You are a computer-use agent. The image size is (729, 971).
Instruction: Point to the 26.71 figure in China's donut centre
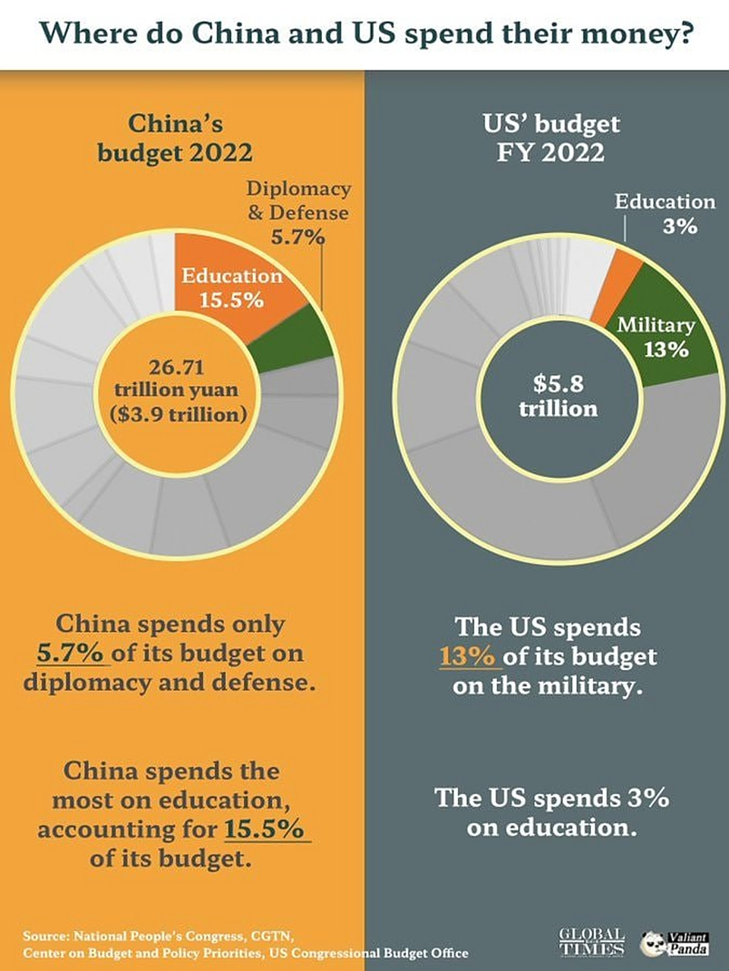pyautogui.click(x=176, y=367)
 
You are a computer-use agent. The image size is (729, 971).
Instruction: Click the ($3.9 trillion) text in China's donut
pyautogui.click(x=178, y=415)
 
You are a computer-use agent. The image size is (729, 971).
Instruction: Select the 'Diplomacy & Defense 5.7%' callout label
pyautogui.click(x=298, y=212)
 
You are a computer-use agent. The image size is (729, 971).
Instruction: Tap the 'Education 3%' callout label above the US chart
pyautogui.click(x=665, y=213)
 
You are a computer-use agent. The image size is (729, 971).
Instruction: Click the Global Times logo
pyautogui.click(x=592, y=941)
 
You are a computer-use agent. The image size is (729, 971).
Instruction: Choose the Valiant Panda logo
pyautogui.click(x=675, y=943)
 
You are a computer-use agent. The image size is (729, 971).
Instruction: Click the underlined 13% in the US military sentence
pyautogui.click(x=466, y=656)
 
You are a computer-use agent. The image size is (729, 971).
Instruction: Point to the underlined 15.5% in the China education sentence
pyautogui.click(x=265, y=829)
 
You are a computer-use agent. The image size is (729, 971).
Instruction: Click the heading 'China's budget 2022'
pyautogui.click(x=175, y=137)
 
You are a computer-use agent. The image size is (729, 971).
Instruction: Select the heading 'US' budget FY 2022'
pyautogui.click(x=551, y=137)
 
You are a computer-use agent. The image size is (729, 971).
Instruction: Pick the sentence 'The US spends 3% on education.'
pyautogui.click(x=551, y=812)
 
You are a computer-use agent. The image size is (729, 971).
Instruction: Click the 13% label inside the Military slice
pyautogui.click(x=666, y=350)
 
